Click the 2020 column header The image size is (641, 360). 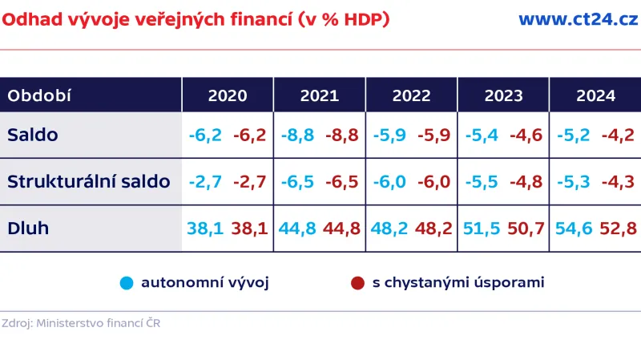[228, 95]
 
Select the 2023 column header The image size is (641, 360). [503, 95]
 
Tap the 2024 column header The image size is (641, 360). [595, 95]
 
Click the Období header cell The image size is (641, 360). [39, 95]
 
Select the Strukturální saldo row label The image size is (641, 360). [88, 181]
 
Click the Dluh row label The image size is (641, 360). [28, 228]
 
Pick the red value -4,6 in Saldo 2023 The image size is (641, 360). [525, 135]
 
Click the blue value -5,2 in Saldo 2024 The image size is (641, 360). [574, 135]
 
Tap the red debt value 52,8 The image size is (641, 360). [618, 229]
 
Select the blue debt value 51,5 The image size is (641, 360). [481, 229]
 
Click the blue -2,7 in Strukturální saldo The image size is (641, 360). [204, 181]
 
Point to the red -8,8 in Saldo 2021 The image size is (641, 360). [341, 135]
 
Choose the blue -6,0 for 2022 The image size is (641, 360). [389, 181]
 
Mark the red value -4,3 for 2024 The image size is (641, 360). [618, 181]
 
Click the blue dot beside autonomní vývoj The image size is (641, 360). [126, 283]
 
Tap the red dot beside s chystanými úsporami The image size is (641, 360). [357, 283]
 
